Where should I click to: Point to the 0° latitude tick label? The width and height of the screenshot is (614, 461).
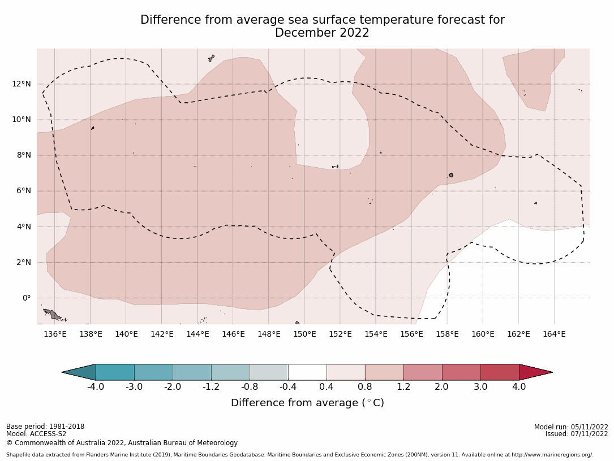(x=26, y=298)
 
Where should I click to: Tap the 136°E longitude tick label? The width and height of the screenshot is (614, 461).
(x=55, y=334)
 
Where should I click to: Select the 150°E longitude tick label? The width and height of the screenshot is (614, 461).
(x=304, y=334)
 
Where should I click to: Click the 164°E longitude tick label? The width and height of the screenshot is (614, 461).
(x=554, y=334)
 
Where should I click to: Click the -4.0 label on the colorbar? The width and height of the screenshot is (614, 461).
(x=95, y=387)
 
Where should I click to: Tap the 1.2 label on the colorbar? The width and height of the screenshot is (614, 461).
(x=403, y=387)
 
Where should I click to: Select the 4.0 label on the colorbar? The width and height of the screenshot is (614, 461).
(x=519, y=387)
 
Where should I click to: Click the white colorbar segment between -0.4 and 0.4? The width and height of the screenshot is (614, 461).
(x=307, y=372)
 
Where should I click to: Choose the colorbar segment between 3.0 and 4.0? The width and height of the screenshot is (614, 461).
(x=500, y=372)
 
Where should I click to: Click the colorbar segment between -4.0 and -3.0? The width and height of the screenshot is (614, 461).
(x=115, y=372)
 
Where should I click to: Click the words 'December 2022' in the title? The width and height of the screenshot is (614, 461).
(x=322, y=33)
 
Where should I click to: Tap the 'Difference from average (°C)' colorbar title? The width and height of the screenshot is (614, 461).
(x=307, y=403)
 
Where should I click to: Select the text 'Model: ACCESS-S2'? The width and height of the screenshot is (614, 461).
(x=36, y=434)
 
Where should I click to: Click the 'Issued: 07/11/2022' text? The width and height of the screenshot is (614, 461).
(x=577, y=434)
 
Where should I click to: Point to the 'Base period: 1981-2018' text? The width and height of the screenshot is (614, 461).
(x=45, y=427)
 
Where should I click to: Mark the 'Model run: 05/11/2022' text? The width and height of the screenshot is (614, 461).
(x=571, y=427)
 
